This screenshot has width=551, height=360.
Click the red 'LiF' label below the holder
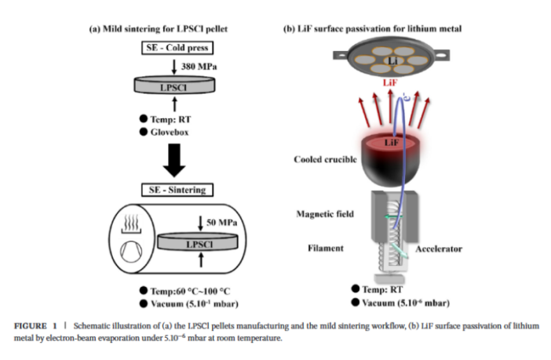tap(389, 81)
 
